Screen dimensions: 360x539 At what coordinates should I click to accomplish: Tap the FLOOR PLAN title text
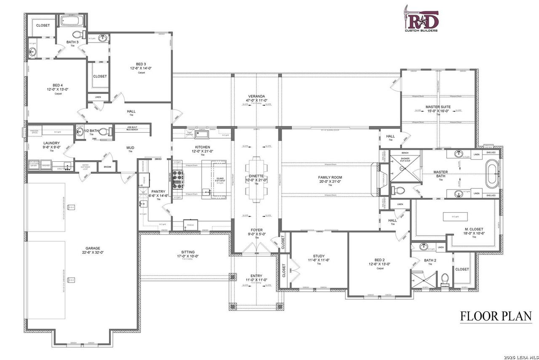point(496,316)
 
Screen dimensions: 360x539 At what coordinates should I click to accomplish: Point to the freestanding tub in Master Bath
point(492,173)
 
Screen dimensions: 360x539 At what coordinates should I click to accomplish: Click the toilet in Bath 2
point(445,280)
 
